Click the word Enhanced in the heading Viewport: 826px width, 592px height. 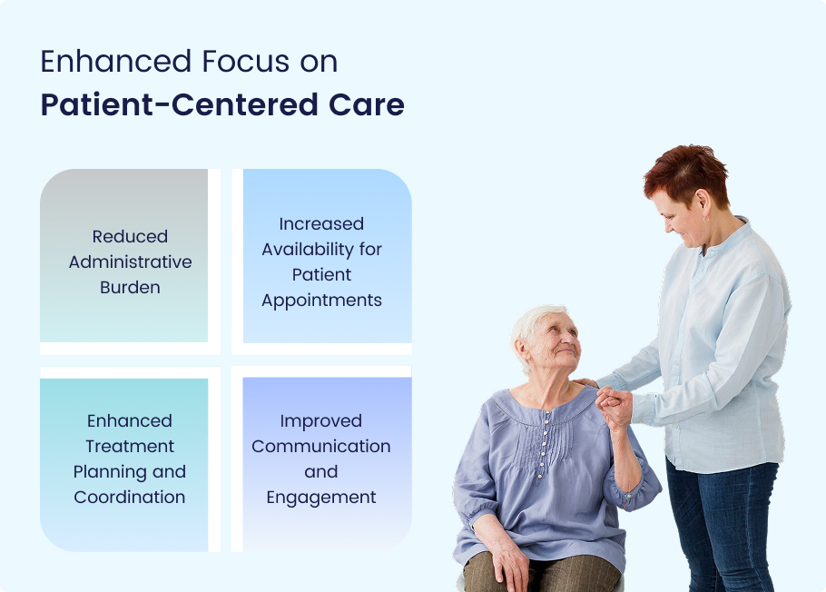(116, 61)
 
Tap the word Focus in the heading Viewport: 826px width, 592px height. (245, 61)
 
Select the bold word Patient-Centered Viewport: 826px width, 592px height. (179, 104)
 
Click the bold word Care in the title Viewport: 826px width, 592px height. (366, 104)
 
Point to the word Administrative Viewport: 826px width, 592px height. (130, 262)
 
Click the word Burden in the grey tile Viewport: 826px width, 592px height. (130, 287)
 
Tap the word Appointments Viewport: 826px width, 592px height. (321, 301)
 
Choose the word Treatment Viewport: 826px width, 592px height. (130, 447)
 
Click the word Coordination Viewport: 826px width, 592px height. (130, 497)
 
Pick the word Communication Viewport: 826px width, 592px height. (320, 447)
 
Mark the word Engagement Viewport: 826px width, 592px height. (320, 498)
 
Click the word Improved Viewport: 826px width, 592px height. (320, 421)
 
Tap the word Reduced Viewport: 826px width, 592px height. (130, 236)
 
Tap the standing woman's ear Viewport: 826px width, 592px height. (703, 203)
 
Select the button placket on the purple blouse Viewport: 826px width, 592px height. (543, 446)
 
